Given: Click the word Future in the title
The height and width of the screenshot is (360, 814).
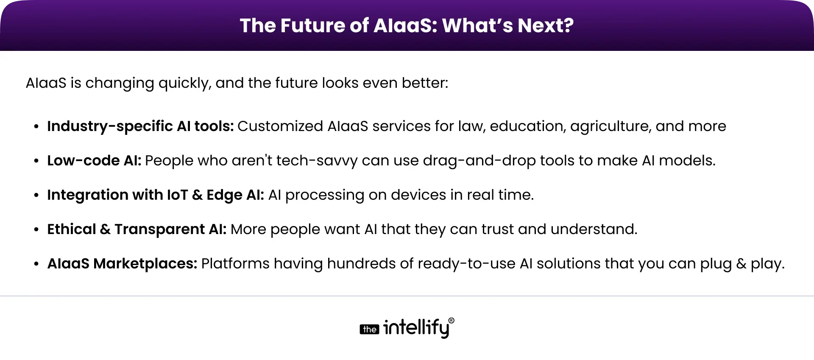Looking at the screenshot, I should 312,25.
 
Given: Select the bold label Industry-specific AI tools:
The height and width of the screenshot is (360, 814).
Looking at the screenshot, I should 140,126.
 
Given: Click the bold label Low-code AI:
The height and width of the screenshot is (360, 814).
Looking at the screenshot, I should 94,161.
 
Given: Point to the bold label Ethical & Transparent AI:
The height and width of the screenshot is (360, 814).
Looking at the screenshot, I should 137,229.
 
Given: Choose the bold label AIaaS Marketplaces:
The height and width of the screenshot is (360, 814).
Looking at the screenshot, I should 122,264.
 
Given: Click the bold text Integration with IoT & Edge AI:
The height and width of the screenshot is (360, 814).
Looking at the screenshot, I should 156,195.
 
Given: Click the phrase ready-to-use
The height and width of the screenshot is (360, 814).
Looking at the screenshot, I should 466,264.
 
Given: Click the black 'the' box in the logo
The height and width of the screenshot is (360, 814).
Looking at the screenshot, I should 369,329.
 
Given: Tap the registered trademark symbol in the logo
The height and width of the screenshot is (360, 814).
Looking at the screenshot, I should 451,321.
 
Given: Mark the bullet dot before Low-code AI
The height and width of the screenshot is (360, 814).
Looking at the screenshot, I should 36,161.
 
